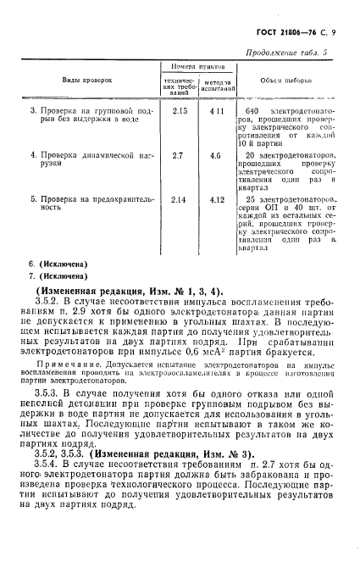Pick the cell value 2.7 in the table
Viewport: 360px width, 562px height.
tap(178, 155)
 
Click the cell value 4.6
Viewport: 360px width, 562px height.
tap(216, 155)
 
